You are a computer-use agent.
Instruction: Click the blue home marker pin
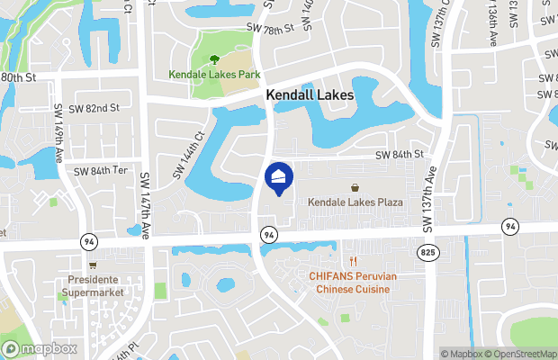pos(279,176)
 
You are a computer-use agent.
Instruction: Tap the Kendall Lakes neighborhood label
pos(309,94)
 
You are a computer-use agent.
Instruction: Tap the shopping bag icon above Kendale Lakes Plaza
pos(357,188)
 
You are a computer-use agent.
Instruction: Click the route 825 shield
pos(427,254)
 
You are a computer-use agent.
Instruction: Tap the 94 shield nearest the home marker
pos(268,234)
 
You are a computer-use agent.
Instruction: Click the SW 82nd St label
pos(94,108)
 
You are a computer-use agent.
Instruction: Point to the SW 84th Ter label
pos(103,171)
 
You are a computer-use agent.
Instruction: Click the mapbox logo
pos(40,348)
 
